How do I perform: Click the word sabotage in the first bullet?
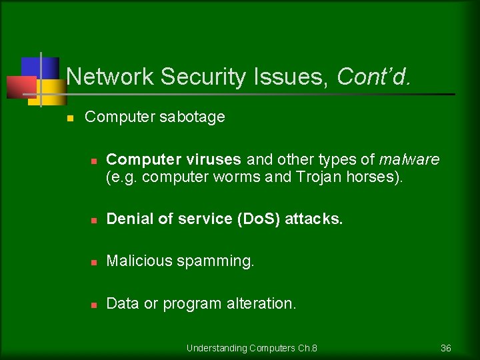(x=192, y=117)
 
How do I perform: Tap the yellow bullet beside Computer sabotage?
(x=68, y=118)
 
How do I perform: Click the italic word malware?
(x=409, y=160)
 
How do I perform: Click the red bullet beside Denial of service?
(x=94, y=219)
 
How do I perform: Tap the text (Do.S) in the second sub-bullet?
(x=259, y=219)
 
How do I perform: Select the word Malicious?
(x=139, y=261)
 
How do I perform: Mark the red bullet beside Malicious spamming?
(x=94, y=262)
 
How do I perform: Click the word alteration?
(x=261, y=304)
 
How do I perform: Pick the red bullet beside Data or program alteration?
(x=94, y=305)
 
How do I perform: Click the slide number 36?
(x=446, y=348)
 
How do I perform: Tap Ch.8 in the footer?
(x=307, y=348)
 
